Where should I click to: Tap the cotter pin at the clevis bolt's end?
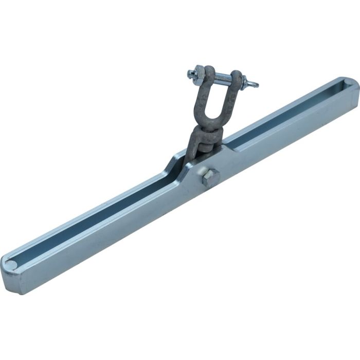click(x=251, y=83)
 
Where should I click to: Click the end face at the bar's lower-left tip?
click(x=10, y=280)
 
